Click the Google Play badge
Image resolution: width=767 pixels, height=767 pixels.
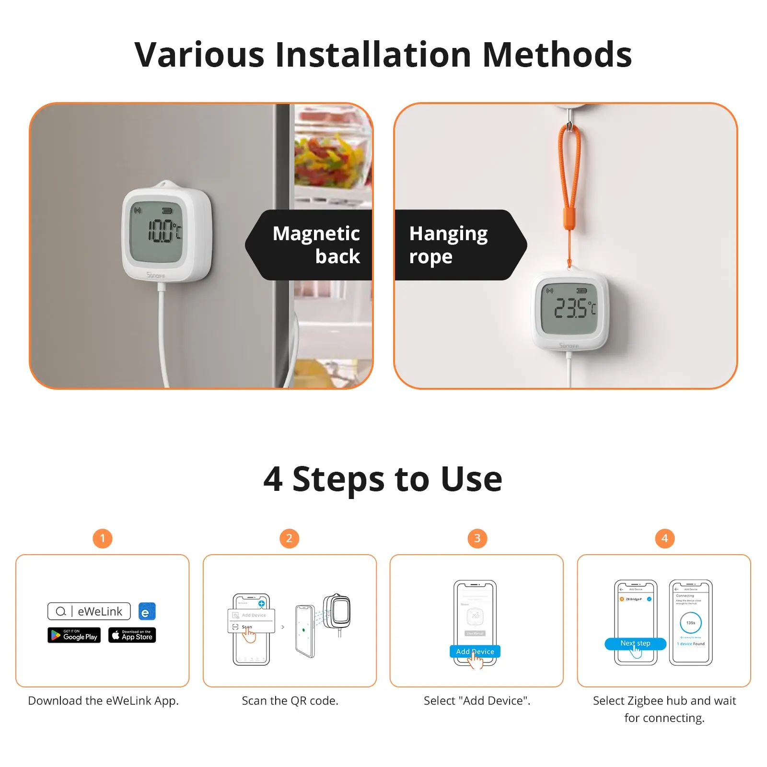(x=74, y=635)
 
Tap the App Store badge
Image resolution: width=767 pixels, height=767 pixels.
(x=132, y=635)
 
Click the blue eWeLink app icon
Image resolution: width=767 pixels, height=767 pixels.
(x=147, y=612)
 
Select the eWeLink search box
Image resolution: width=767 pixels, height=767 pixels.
(x=89, y=612)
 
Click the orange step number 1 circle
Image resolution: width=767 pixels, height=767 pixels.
(x=103, y=538)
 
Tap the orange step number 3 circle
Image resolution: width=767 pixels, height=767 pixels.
(x=477, y=538)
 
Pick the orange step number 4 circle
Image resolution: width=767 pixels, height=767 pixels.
(x=664, y=538)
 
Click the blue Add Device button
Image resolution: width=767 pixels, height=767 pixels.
(x=475, y=651)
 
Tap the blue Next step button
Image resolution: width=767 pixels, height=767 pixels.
(x=635, y=643)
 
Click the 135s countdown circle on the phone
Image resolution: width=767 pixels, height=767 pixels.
(x=690, y=623)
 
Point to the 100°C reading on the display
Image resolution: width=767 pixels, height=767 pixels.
(x=163, y=232)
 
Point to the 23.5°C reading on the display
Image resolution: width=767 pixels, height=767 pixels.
(x=574, y=308)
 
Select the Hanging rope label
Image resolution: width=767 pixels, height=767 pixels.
(x=448, y=245)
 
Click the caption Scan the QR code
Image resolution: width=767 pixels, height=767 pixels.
(x=290, y=701)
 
